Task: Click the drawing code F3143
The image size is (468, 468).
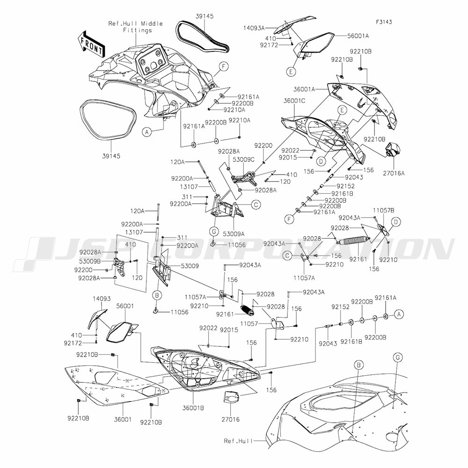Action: [383, 22]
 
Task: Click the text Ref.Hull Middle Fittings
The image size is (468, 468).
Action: [130, 27]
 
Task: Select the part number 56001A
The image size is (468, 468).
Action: [358, 36]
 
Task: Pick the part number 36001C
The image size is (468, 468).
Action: [294, 100]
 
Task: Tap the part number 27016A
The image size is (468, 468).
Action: [396, 173]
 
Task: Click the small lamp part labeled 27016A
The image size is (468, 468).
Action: [392, 151]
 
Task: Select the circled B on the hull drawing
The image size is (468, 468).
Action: [358, 364]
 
